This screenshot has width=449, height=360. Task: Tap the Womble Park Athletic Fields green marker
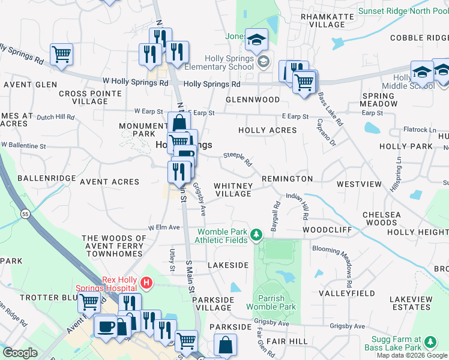[257, 233]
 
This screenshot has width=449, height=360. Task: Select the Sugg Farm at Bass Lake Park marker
[430, 342]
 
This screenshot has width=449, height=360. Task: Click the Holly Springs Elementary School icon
[263, 62]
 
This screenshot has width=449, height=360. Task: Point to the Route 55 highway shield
[25, 213]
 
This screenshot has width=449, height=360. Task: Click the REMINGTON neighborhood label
[286, 179]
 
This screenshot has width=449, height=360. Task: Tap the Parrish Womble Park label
[277, 302]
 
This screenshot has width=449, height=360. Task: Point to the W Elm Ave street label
[164, 228]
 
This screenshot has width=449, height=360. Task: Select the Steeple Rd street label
[238, 158]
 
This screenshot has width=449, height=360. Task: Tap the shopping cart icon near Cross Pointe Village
[61, 54]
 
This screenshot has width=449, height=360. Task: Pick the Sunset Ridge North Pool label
[403, 11]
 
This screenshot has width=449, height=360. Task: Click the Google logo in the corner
[20, 353]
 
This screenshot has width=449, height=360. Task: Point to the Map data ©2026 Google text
[412, 355]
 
